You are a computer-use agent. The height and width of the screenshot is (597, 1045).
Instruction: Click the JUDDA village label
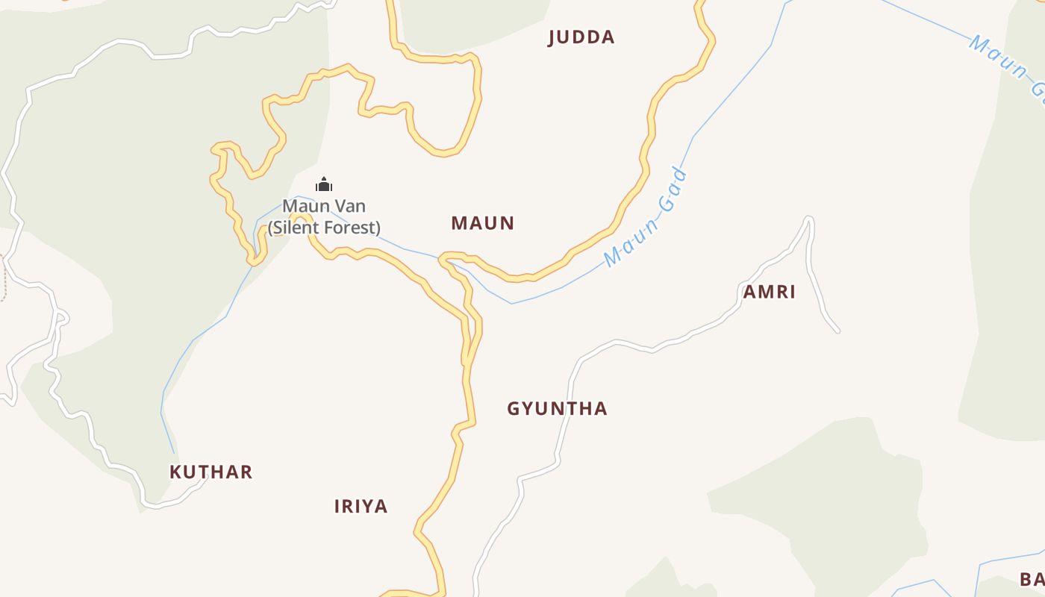click(x=581, y=37)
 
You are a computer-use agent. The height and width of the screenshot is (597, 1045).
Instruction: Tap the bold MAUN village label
click(x=483, y=223)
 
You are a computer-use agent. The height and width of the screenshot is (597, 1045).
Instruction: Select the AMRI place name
click(x=769, y=292)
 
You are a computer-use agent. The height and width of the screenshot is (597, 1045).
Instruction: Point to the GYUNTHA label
click(x=557, y=409)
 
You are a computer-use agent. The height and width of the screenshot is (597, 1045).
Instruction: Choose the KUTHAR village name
click(x=211, y=472)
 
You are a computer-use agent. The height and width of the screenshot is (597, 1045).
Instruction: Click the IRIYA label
click(x=361, y=507)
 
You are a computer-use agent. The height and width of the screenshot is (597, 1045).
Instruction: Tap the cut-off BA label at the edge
click(x=1032, y=580)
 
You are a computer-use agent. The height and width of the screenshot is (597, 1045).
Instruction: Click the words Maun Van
click(x=324, y=206)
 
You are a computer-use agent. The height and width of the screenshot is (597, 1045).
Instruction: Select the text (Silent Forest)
click(x=324, y=228)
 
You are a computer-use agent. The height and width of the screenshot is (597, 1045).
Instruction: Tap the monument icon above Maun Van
click(x=323, y=184)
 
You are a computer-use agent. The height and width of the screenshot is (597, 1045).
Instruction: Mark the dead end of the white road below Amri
click(x=837, y=331)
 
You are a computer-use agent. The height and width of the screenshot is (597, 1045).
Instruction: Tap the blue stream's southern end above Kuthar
click(x=175, y=452)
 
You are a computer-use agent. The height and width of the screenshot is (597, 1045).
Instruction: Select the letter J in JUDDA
click(x=552, y=38)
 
